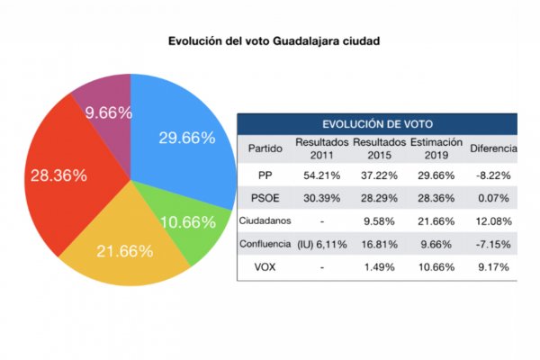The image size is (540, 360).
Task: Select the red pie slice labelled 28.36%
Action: [58, 175]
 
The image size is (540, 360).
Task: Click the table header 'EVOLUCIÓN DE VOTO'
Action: [377, 124]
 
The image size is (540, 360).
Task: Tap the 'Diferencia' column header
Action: [493, 148]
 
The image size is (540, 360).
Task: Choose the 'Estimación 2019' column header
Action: [436, 148]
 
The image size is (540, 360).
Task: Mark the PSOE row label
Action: [263, 196]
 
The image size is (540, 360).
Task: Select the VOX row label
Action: [263, 266]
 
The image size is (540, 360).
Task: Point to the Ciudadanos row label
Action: [263, 220]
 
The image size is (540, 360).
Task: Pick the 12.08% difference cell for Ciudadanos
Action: [493, 220]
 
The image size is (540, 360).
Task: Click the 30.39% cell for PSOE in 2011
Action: [320, 196]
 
